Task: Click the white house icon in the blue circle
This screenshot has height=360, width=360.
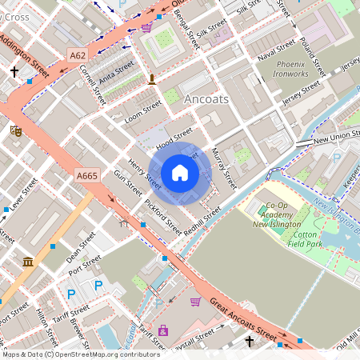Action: click(180, 173)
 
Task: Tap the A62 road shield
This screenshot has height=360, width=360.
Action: click(77, 55)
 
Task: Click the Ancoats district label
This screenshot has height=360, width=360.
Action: click(206, 98)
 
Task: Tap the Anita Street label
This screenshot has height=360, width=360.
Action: click(117, 69)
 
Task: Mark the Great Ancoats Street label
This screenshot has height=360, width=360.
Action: click(248, 318)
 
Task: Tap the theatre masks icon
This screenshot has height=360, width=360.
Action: click(15, 129)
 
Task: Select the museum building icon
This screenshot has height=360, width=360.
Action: click(28, 262)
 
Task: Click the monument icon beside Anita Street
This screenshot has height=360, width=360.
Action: click(151, 78)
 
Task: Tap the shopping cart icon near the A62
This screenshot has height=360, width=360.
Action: click(146, 26)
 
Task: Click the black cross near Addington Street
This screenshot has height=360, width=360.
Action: click(14, 72)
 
